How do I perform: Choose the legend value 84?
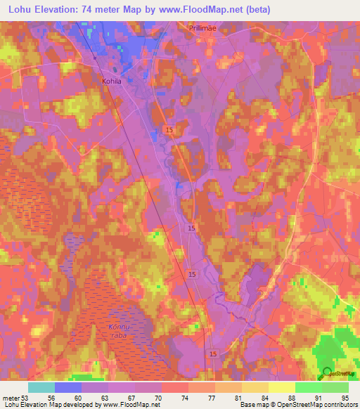click(x=264, y=396)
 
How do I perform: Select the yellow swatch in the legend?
click(x=281, y=387)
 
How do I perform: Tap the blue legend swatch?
click(x=68, y=387)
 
